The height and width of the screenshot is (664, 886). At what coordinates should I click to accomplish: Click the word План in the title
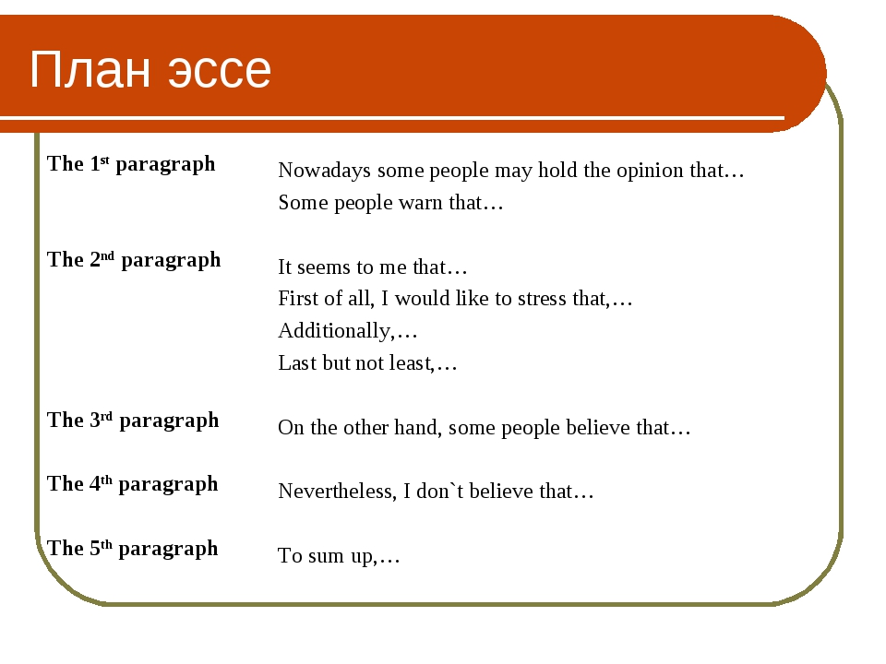pos(90,69)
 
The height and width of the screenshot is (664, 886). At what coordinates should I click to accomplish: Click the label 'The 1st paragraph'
pos(131,164)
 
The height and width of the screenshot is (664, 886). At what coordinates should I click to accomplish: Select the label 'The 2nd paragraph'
pos(134,260)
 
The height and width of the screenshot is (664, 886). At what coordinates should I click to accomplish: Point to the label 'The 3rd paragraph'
pos(133,421)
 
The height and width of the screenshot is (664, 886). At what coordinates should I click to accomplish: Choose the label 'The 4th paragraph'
pos(132,484)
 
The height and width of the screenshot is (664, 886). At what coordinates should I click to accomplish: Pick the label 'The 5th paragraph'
pos(132,549)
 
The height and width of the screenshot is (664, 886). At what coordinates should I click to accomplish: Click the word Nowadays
pos(324,171)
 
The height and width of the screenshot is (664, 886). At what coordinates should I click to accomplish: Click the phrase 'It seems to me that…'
pos(373,267)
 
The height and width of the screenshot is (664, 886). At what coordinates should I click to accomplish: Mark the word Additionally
pos(334,331)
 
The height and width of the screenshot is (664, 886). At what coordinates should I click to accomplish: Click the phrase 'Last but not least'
pos(354,363)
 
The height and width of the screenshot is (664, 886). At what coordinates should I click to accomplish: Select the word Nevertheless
pos(336,492)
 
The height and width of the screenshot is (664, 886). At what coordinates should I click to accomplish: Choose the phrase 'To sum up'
pos(326,556)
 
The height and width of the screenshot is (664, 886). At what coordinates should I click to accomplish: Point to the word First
pos(298,299)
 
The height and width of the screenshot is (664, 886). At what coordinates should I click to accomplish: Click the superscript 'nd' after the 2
pos(107,255)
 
